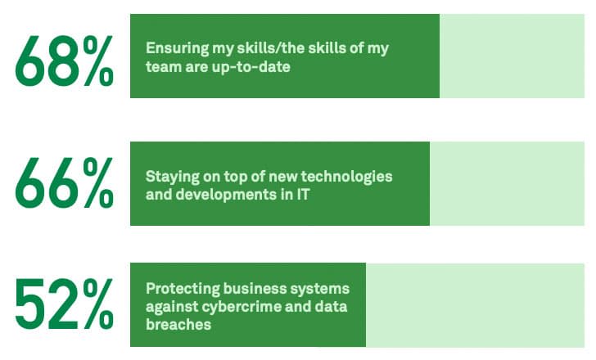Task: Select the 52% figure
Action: pyautogui.click(x=64, y=304)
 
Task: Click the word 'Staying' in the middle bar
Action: pyautogui.click(x=169, y=176)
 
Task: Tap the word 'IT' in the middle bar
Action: pyautogui.click(x=306, y=194)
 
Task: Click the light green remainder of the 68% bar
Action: pyautogui.click(x=514, y=56)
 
